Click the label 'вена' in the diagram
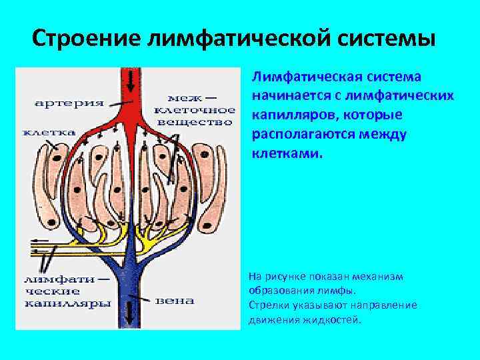coord(175,301)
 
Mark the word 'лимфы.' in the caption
coord(334,291)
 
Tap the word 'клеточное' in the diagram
coord(194,110)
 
